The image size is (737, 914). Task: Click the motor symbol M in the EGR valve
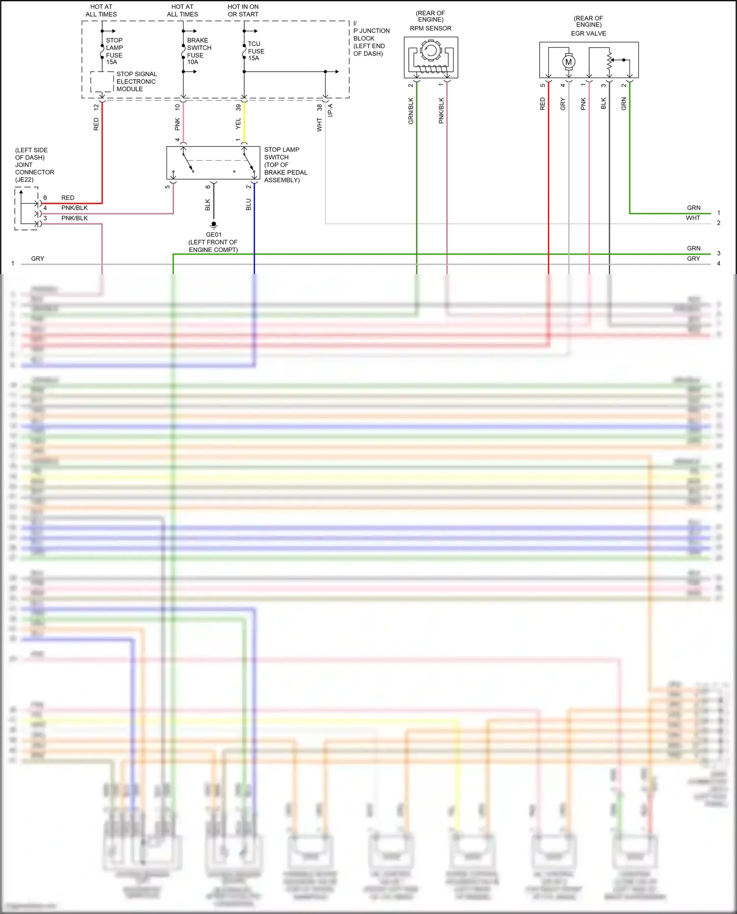pos(568,62)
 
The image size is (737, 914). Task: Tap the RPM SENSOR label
pos(430,28)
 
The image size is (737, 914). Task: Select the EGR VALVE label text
pos(588,33)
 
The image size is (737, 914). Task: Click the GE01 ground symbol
pos(214,226)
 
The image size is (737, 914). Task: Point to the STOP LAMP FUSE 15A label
pos(114,51)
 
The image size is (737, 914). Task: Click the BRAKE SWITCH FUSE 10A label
pos(198,51)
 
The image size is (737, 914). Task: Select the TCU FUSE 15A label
pos(255,51)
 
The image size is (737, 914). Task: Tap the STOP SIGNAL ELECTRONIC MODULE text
pos(136,82)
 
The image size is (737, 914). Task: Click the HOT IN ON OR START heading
pos(243,10)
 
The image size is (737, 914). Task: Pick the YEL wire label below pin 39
pos(238,123)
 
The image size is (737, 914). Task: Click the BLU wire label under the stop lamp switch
pos(249,204)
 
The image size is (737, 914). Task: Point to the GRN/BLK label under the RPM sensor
pos(411,111)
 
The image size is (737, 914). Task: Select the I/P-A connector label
pos(331,110)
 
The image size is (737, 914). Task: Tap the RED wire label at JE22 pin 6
pos(68,197)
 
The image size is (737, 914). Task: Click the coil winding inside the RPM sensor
pos(431,69)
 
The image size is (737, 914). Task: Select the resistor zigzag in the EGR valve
pos(609,62)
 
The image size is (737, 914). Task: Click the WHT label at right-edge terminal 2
pos(693,218)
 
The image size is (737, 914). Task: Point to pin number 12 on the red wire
pos(96,107)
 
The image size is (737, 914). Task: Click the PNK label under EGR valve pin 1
pos(583,104)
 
